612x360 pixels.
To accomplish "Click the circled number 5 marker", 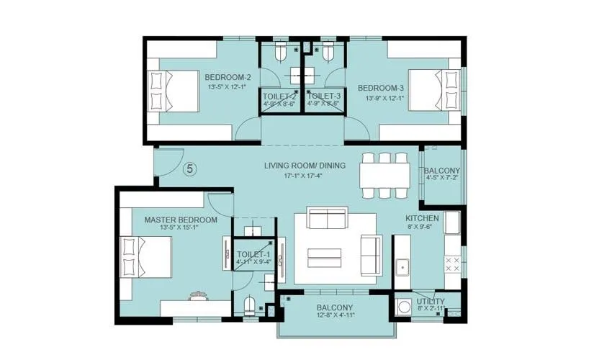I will (189, 169).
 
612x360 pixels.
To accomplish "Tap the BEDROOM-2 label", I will (228, 78).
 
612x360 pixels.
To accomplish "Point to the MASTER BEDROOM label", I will (181, 220).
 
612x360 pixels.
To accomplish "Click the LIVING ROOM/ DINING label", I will (305, 166).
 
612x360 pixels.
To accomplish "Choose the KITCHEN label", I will (422, 217).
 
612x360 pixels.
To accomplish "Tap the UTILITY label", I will (431, 301).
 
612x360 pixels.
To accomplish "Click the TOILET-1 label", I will (253, 254).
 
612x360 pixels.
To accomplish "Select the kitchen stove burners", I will (454, 264).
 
